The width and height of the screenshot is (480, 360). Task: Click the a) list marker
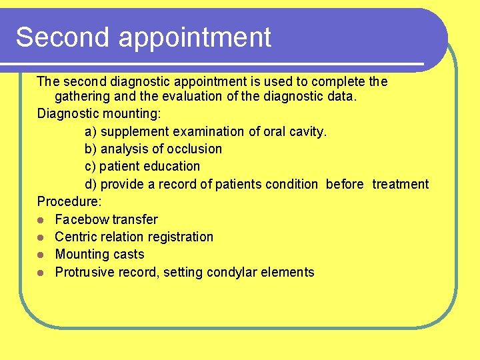pyautogui.click(x=91, y=131)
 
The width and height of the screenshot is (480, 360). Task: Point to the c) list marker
pyautogui.click(x=91, y=166)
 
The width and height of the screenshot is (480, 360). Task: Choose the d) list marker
pyautogui.click(x=91, y=184)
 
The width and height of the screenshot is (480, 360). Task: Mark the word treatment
pyautogui.click(x=400, y=184)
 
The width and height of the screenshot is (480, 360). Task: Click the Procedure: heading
pyautogui.click(x=69, y=201)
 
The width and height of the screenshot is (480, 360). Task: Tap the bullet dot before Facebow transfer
pyautogui.click(x=41, y=219)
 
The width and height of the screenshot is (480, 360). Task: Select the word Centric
pyautogui.click(x=76, y=237)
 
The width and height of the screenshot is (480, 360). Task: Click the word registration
pyautogui.click(x=180, y=237)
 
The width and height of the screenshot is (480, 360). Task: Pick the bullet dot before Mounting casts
pyautogui.click(x=41, y=255)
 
